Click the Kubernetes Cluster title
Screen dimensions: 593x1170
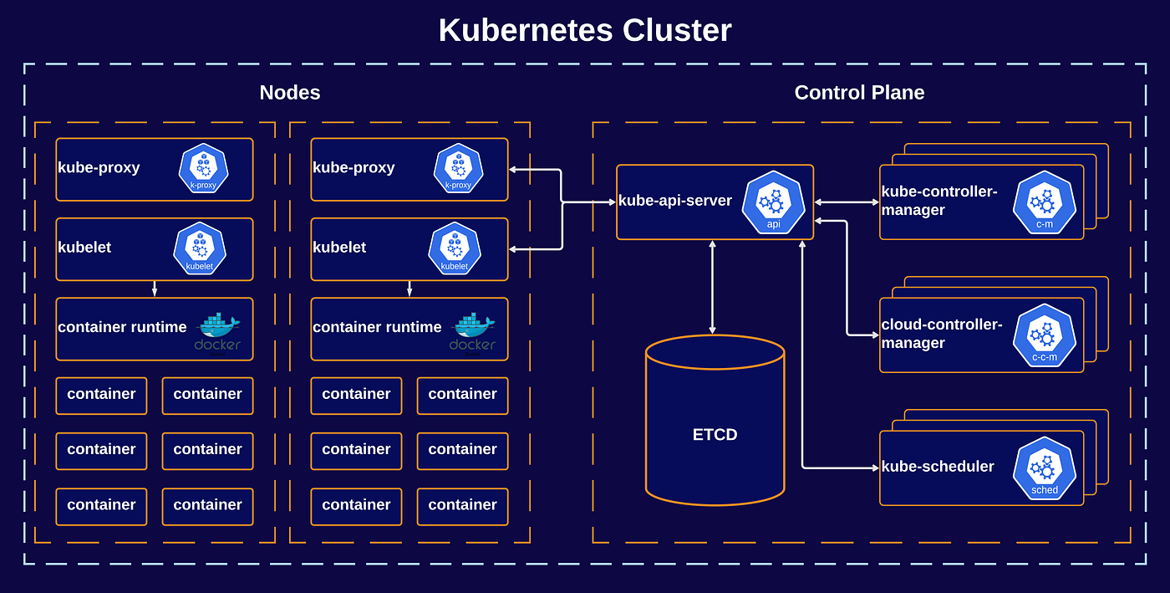click(585, 31)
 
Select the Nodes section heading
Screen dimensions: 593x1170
click(290, 93)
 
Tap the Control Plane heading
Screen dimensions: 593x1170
click(859, 93)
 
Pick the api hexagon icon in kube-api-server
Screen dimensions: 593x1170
click(773, 202)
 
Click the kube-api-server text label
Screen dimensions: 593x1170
click(675, 201)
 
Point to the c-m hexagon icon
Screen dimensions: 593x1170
click(1044, 202)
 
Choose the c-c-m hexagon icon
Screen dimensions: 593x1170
click(1044, 335)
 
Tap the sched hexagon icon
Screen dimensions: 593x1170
click(1044, 468)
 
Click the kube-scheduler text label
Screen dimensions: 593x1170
click(938, 467)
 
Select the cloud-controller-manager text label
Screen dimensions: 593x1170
click(941, 334)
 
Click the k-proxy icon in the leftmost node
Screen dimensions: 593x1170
click(203, 167)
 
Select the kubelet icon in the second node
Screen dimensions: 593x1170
click(454, 248)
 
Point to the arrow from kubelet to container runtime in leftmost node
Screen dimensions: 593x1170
click(155, 289)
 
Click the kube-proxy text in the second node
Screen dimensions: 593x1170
click(354, 168)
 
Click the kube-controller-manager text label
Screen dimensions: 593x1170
click(939, 201)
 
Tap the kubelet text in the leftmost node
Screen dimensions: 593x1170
click(84, 248)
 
